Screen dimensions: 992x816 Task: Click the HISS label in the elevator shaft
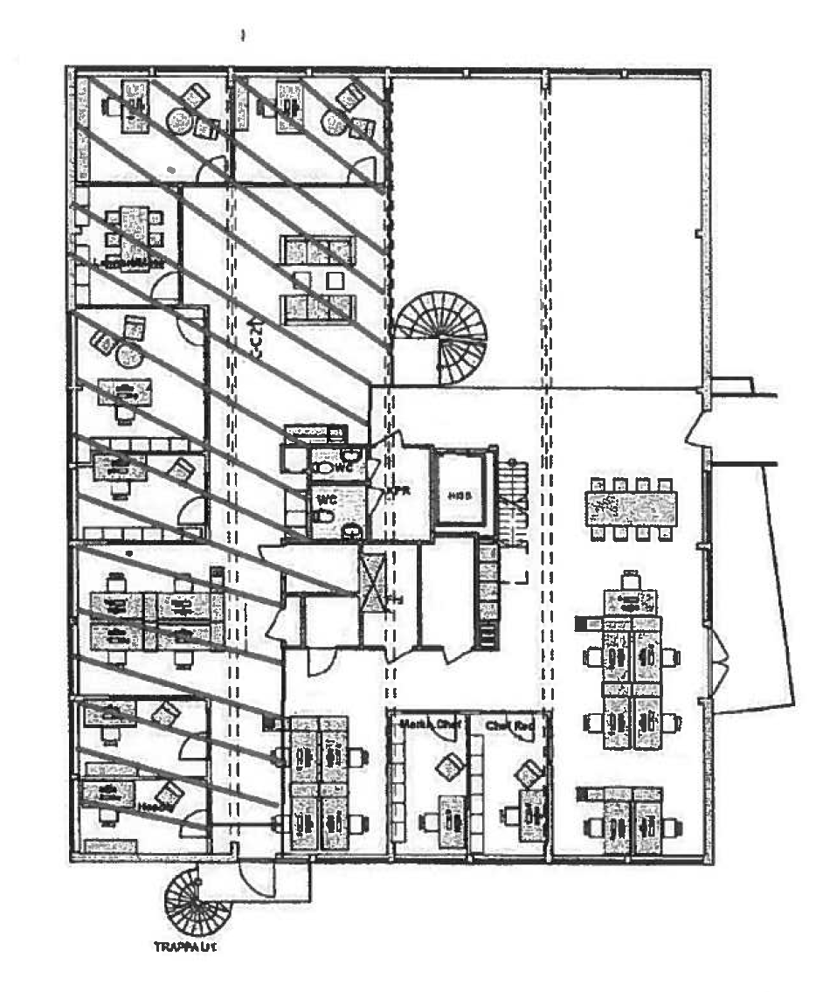460,495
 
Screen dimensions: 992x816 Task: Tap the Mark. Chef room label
429,725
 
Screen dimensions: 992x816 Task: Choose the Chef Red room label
510,725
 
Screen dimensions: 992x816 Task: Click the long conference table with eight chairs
630,508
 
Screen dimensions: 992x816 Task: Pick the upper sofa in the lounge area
317,251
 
